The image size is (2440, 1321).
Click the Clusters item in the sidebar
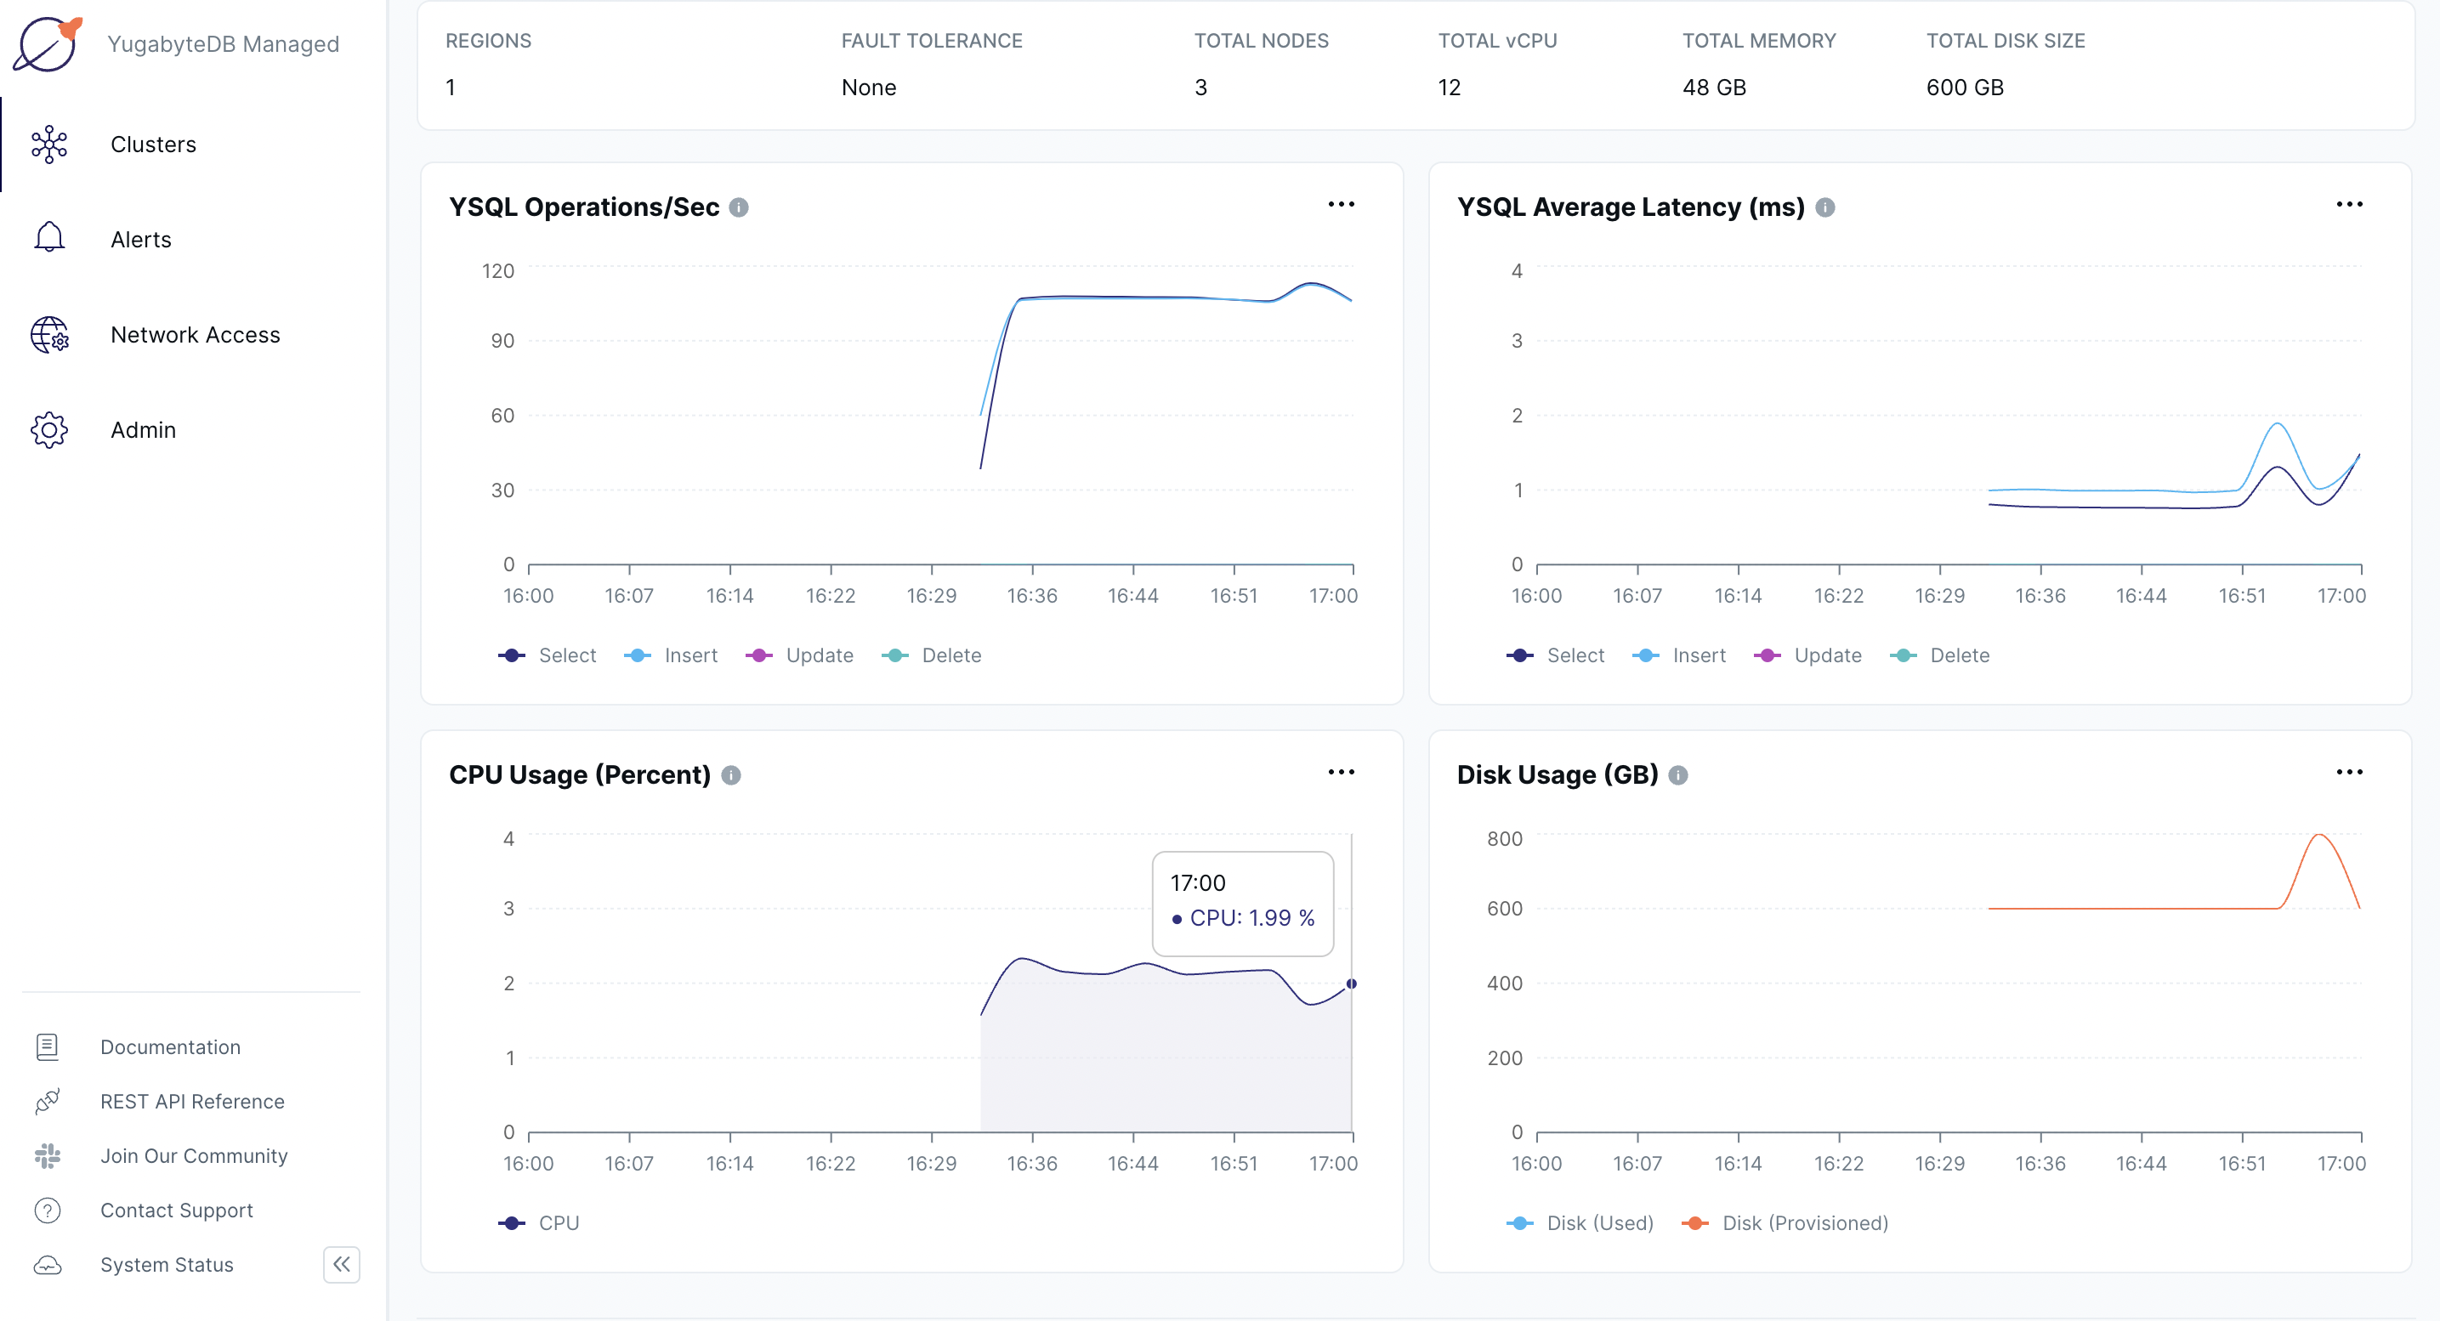152,144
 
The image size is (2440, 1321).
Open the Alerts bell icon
49,238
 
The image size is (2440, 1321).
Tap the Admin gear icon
49,430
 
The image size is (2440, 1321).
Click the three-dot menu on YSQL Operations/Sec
1340,205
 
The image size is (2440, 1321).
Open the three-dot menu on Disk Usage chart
2349,773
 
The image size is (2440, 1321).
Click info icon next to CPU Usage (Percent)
731,775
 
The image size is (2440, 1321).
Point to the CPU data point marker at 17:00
1352,984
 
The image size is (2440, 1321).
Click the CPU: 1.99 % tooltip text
1251,917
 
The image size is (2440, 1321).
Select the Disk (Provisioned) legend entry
1803,1222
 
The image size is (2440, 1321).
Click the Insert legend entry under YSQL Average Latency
1699,655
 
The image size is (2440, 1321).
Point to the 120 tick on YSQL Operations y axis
498,271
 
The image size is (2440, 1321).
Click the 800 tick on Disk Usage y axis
1504,839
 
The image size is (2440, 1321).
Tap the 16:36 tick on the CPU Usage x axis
1031,1163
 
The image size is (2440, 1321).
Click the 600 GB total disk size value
1965,87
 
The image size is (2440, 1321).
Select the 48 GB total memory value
1713,87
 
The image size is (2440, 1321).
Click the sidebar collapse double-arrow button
341,1264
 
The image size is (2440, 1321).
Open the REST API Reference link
192,1102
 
